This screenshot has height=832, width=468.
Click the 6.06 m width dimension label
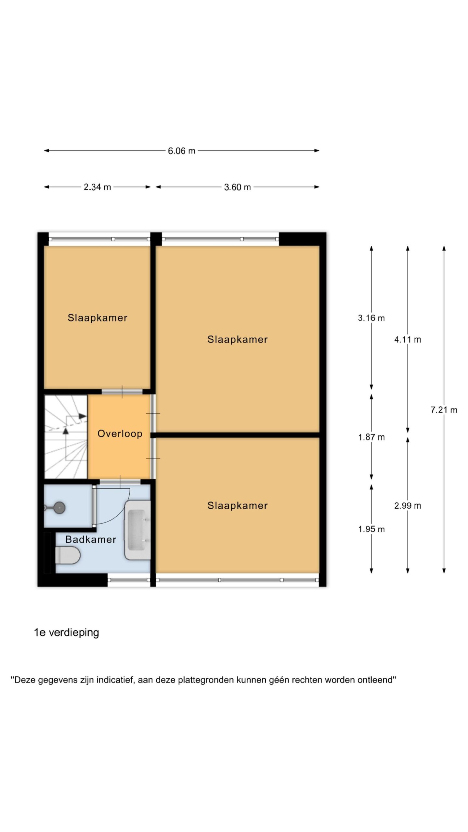pyautogui.click(x=181, y=151)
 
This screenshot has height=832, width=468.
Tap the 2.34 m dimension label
pyautogui.click(x=97, y=187)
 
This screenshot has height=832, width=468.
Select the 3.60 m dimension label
pyautogui.click(x=237, y=187)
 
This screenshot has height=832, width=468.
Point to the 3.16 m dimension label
pyautogui.click(x=371, y=318)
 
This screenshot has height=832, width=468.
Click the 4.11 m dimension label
pyautogui.click(x=408, y=340)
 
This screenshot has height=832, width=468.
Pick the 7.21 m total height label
pyautogui.click(x=444, y=410)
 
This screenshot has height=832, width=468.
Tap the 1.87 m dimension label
pyautogui.click(x=371, y=437)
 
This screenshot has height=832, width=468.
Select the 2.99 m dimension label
pyautogui.click(x=408, y=505)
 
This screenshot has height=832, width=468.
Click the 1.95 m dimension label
pyautogui.click(x=371, y=529)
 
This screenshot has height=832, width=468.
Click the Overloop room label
pyautogui.click(x=120, y=434)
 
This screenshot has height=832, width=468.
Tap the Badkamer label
pyautogui.click(x=91, y=539)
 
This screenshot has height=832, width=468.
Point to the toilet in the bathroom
pyautogui.click(x=68, y=555)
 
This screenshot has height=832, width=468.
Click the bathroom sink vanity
pyautogui.click(x=138, y=530)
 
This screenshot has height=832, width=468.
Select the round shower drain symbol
pyautogui.click(x=59, y=508)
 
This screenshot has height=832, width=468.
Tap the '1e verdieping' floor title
pyautogui.click(x=67, y=632)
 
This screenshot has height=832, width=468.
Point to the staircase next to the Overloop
pyautogui.click(x=66, y=436)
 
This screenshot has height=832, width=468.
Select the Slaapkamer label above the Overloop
pyautogui.click(x=97, y=318)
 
